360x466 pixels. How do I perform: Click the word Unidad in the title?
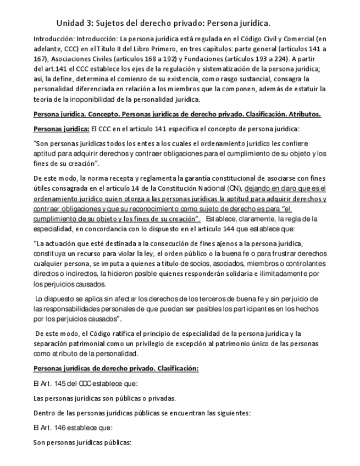[69, 24]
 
